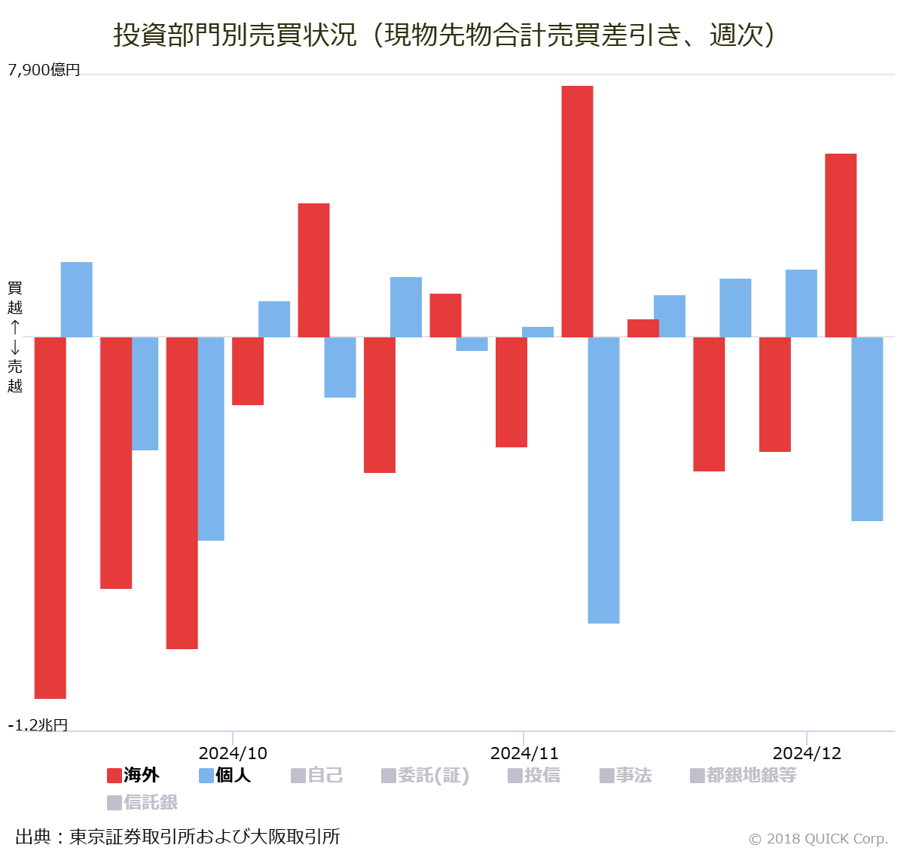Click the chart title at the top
pos(444,35)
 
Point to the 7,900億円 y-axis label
pos(44,70)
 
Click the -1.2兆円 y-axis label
pos(38,725)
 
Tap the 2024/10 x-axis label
pos(233,753)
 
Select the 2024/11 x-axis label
pos(524,753)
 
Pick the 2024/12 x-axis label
pos(807,753)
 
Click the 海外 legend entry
pos(133,775)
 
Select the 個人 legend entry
pos(224,775)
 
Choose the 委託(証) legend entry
pos(426,775)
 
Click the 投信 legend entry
pos(534,775)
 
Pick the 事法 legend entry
pos(625,775)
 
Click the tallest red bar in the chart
pos(577,211)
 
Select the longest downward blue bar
pos(603,480)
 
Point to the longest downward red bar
pos(50,517)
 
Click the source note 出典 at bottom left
pos(178,836)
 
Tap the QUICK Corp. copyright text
pos(818,838)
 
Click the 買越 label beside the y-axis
pos(15,297)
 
